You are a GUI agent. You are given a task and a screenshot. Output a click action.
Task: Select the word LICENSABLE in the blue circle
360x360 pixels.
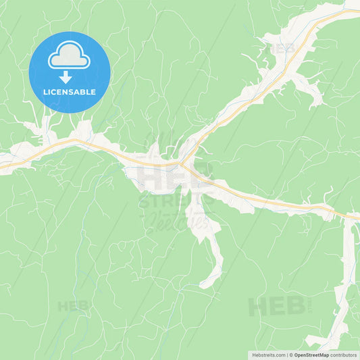pyautogui.click(x=69, y=92)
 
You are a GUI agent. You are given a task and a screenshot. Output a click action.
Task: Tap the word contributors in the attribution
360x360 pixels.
pyautogui.click(x=344, y=355)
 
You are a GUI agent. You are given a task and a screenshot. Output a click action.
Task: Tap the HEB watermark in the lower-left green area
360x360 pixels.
pyautogui.click(x=73, y=306)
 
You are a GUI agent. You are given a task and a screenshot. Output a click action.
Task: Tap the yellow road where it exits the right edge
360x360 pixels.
pyautogui.click(x=357, y=217)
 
